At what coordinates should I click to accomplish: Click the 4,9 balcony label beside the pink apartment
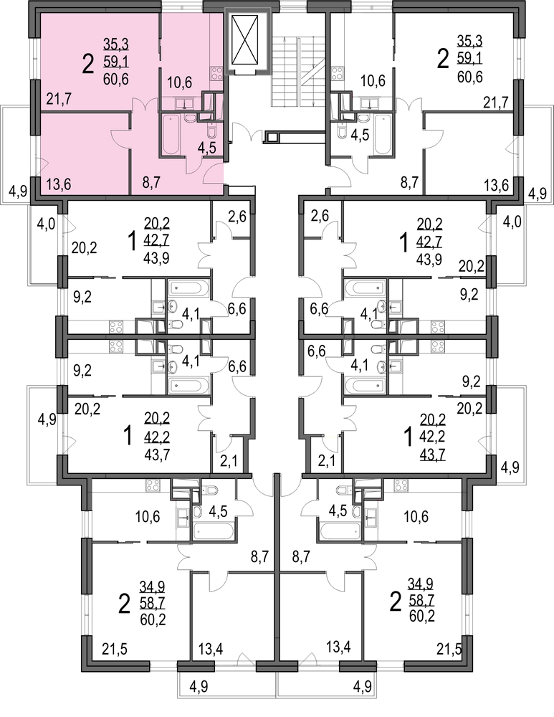click(16, 191)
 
